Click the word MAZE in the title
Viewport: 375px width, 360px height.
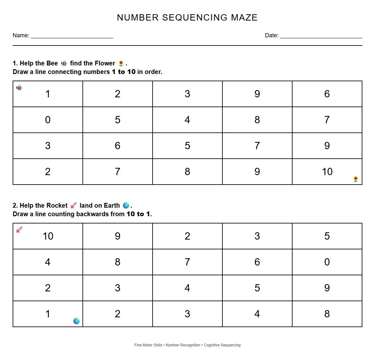[x=244, y=17]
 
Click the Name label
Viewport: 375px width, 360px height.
[x=21, y=35]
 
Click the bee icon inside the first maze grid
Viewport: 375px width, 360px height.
[x=19, y=88]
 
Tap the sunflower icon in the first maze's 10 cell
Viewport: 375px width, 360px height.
[x=356, y=179]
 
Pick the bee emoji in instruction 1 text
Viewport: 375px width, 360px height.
[x=64, y=63]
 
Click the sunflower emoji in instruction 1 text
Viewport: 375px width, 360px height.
[x=121, y=63]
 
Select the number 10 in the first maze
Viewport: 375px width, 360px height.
[x=327, y=172]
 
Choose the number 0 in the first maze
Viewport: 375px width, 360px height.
[x=48, y=120]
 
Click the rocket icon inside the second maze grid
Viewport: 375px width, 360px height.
[x=19, y=230]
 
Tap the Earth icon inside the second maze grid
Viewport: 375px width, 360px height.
[x=76, y=321]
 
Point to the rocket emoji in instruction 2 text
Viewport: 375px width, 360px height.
[x=73, y=205]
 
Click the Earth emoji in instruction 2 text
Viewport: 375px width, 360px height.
[x=126, y=205]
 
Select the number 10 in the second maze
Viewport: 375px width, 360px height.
[x=48, y=236]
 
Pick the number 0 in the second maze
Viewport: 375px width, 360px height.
[x=327, y=262]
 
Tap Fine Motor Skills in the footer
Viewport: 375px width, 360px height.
[x=148, y=345]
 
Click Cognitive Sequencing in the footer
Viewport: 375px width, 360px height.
[x=222, y=345]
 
